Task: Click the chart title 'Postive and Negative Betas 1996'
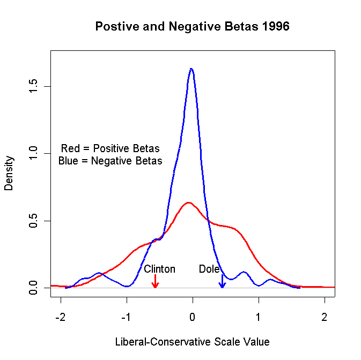(x=192, y=27)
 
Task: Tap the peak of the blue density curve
(x=191, y=69)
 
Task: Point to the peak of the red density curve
(x=188, y=202)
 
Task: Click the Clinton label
(x=159, y=269)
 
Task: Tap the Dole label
(x=209, y=269)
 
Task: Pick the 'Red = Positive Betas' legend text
(x=110, y=148)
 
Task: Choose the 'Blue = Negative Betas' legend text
(x=110, y=160)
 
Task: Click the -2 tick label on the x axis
(x=61, y=316)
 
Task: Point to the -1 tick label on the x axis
(x=127, y=316)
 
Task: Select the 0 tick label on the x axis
(x=193, y=316)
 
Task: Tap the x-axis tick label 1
(x=259, y=316)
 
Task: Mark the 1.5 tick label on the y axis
(x=33, y=86)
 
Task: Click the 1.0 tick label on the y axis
(x=33, y=154)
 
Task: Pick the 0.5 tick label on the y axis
(x=33, y=221)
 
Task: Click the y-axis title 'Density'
(x=9, y=173)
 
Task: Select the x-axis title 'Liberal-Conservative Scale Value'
(x=192, y=341)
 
